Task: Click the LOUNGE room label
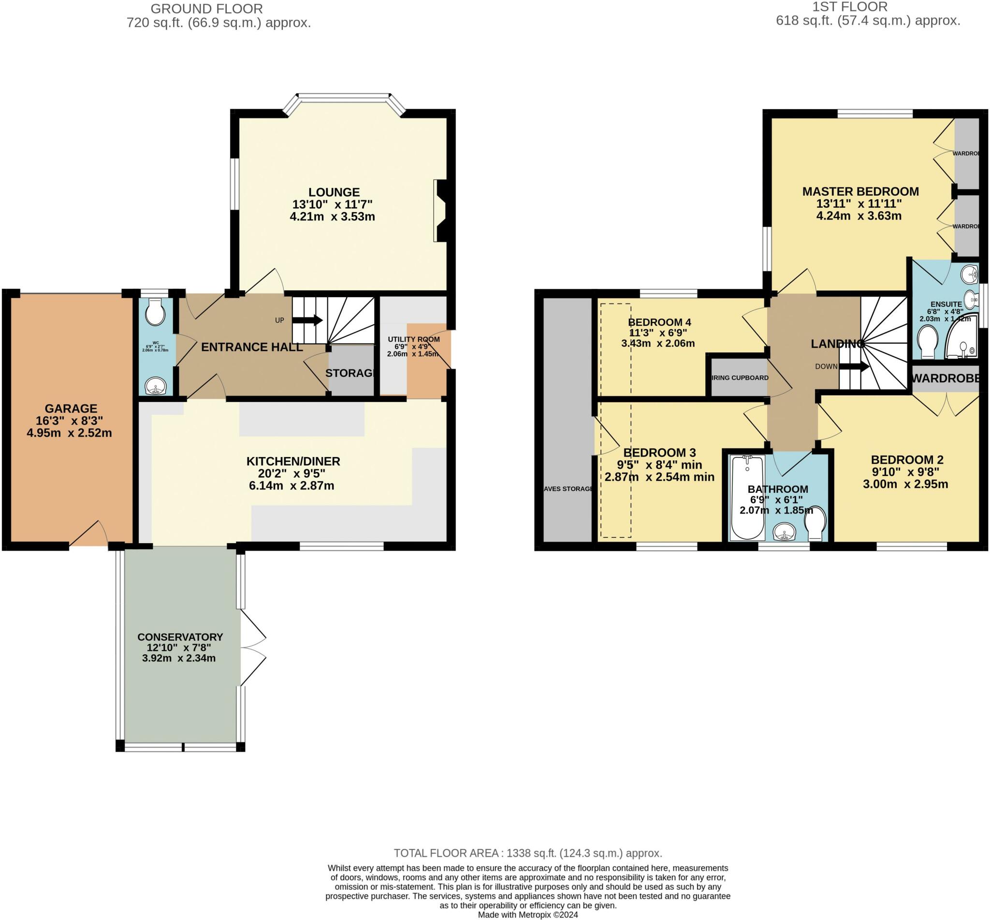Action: coord(334,192)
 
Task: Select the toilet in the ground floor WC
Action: coord(155,312)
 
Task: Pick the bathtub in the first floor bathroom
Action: coord(747,497)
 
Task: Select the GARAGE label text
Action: coord(71,409)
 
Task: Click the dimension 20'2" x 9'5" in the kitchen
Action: coord(293,474)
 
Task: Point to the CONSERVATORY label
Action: coord(180,637)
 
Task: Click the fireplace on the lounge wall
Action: coord(441,211)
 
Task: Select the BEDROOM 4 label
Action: coord(659,322)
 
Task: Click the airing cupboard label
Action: coord(740,378)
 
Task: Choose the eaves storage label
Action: coord(568,489)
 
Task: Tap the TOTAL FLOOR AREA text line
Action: coord(528,853)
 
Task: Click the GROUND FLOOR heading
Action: coord(207,9)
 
